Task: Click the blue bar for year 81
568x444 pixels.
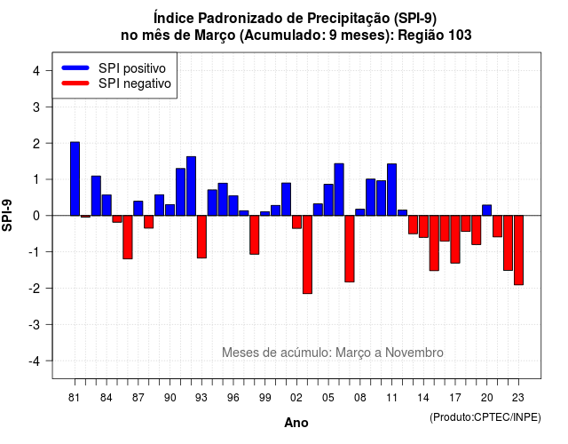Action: [x=75, y=178]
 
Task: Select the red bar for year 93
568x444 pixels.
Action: [x=201, y=237]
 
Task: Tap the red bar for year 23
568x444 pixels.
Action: [x=518, y=250]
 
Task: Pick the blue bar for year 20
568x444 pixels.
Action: [x=487, y=210]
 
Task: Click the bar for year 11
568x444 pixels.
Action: [x=391, y=189]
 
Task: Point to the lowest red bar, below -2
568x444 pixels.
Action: [x=308, y=255]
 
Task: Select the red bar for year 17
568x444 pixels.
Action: [x=455, y=239]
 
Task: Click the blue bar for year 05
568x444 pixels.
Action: [x=328, y=200]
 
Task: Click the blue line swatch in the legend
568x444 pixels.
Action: [x=75, y=67]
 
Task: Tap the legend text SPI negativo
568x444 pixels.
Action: [x=135, y=83]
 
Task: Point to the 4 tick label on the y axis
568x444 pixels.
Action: [x=36, y=71]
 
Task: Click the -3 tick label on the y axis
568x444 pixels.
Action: [x=35, y=325]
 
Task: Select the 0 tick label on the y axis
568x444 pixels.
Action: [x=36, y=216]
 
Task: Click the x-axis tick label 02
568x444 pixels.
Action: [x=296, y=398]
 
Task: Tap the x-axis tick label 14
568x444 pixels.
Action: [x=423, y=398]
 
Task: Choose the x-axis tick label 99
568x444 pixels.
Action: [x=264, y=398]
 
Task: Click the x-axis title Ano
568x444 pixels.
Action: [x=296, y=423]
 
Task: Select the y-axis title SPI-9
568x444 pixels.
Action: [x=7, y=215]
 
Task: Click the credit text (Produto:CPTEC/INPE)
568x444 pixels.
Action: [x=485, y=417]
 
